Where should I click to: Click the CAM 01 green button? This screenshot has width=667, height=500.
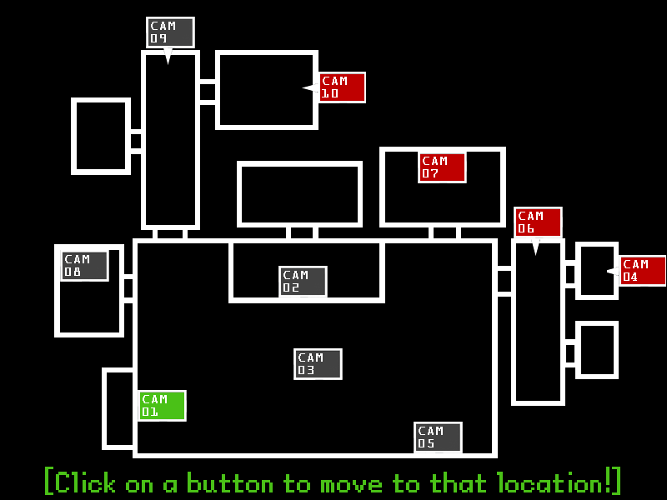pos(162,405)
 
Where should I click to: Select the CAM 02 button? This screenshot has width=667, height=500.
pos(303,281)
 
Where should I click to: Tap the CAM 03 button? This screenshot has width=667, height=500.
pos(318,363)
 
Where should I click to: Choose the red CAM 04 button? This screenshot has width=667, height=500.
pos(642,271)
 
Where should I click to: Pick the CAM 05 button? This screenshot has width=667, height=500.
pos(438,437)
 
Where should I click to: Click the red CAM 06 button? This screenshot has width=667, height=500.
pos(538,222)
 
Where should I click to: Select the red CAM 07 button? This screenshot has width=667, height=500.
pos(442,167)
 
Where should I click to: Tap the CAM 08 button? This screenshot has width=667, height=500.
pos(84,265)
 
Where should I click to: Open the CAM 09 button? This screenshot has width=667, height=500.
pos(170,32)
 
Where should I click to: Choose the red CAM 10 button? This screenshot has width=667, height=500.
pos(342,87)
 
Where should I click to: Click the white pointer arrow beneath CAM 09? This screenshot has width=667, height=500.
pos(168,56)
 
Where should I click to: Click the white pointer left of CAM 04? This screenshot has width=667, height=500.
pos(612,271)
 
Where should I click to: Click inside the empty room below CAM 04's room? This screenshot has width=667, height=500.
pos(597,350)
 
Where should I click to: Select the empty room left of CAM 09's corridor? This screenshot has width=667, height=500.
pos(101,136)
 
